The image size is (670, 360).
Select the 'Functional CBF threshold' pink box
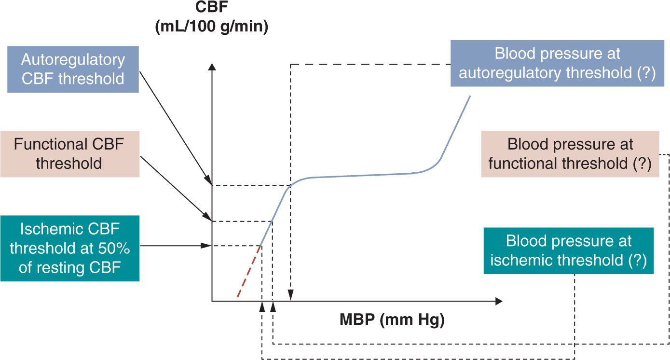coord(69,153)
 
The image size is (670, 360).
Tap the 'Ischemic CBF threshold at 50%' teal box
coord(69,248)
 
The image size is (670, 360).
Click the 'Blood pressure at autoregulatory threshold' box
coord(558,63)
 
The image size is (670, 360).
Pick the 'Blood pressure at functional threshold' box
coord(570,154)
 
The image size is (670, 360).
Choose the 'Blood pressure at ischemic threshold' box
coord(568,251)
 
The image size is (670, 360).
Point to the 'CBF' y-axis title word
coord(211,9)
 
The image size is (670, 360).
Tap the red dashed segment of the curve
coord(249,271)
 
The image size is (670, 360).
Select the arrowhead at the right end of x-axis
coord(498,301)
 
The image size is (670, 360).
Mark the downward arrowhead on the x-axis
coord(290,294)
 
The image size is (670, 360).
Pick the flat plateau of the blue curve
coord(362,176)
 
